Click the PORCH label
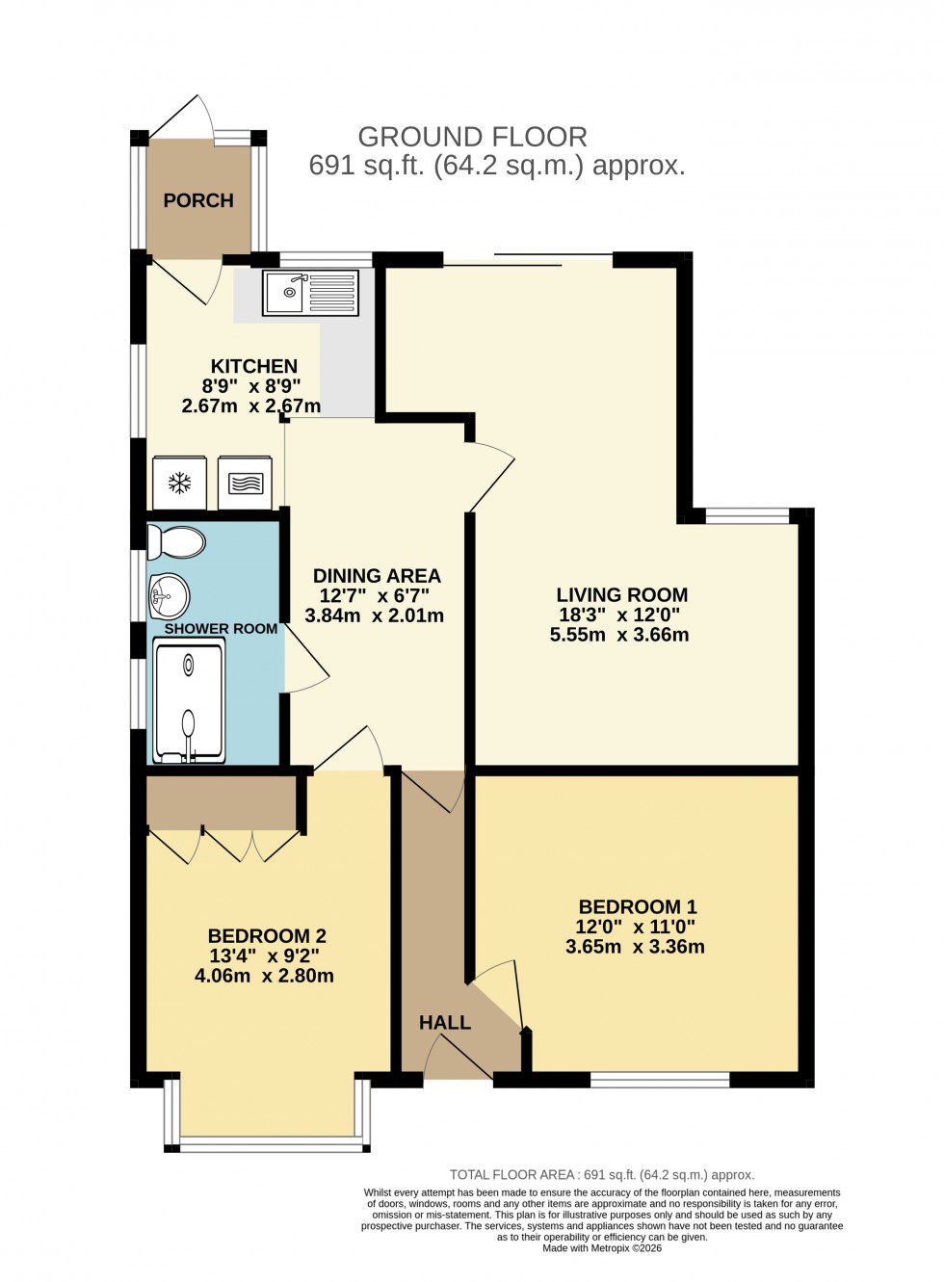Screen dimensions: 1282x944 pyautogui.click(x=198, y=200)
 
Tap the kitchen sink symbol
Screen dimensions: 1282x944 pyautogui.click(x=310, y=293)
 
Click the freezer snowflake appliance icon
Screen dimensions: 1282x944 pyautogui.click(x=180, y=483)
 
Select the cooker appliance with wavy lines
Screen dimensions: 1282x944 pyautogui.click(x=246, y=483)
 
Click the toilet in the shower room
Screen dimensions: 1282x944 pyautogui.click(x=176, y=543)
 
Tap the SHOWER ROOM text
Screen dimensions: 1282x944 pyautogui.click(x=221, y=629)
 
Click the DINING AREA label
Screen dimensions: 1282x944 pyautogui.click(x=377, y=576)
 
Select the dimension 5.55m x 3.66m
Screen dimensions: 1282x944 pyautogui.click(x=619, y=635)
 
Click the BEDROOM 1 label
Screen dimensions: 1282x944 pyautogui.click(x=637, y=906)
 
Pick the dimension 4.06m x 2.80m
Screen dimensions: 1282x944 pyautogui.click(x=264, y=976)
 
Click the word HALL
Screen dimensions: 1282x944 pyautogui.click(x=445, y=1023)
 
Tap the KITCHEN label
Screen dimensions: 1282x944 pyautogui.click(x=254, y=366)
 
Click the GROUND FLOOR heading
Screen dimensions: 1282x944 pyautogui.click(x=472, y=137)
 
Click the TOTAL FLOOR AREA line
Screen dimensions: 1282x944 pyautogui.click(x=602, y=1175)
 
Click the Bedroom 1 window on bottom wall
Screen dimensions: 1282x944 pyautogui.click(x=660, y=1080)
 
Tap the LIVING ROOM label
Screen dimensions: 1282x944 pyautogui.click(x=621, y=595)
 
